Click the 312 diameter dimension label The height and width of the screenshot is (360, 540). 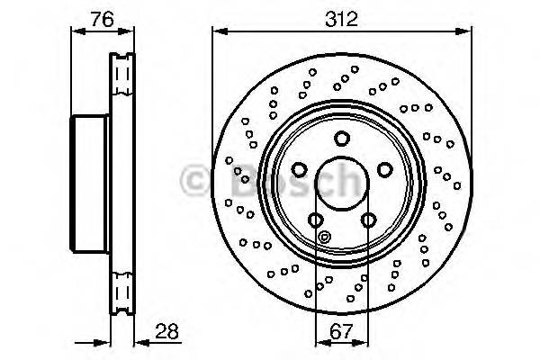(340, 18)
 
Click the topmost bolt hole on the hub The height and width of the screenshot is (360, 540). (341, 138)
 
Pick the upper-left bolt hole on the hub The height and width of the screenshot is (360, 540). (299, 169)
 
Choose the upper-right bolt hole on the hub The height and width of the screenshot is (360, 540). (384, 169)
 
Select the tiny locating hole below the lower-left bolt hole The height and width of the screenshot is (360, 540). (325, 238)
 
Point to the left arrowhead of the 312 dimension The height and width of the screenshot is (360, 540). (217, 31)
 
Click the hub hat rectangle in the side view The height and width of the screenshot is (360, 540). (90, 184)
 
